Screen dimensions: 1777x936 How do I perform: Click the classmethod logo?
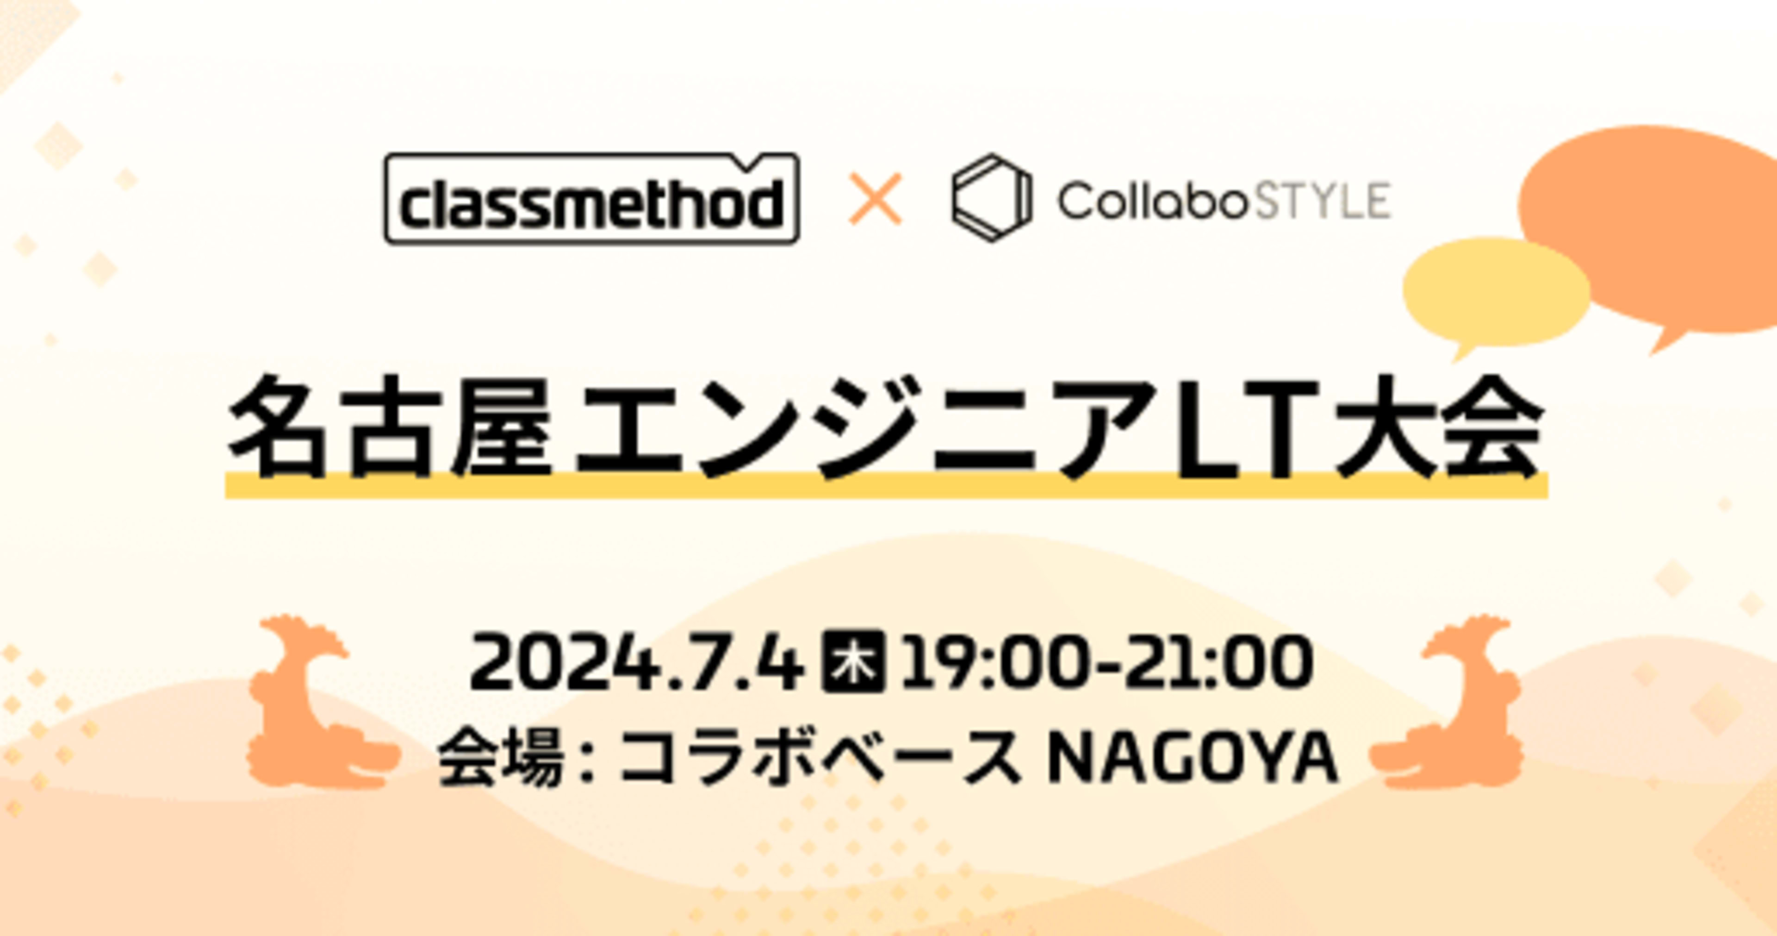pos(592,199)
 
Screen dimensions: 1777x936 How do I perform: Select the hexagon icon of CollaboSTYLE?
pos(991,198)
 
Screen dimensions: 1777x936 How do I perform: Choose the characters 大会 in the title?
pos(1438,427)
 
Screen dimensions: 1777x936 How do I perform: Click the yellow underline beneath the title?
pos(887,485)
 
